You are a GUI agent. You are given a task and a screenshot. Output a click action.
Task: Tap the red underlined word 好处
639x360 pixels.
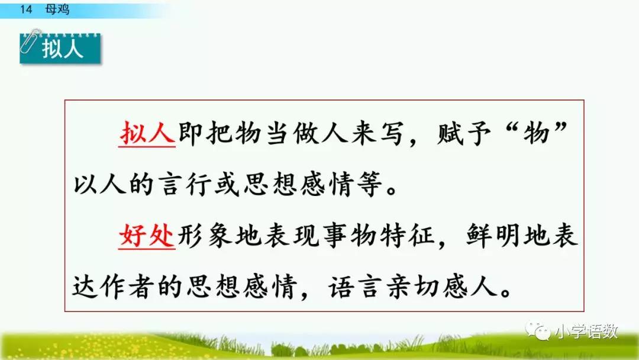point(147,237)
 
